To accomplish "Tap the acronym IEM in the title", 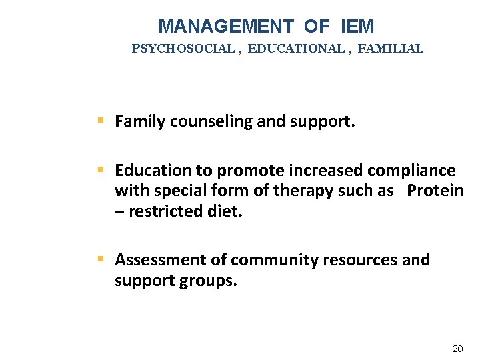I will (357, 27).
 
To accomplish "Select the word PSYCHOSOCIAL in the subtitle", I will (182, 49).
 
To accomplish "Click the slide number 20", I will (457, 349).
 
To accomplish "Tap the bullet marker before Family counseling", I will (101, 121).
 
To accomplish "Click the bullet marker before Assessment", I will (101, 259).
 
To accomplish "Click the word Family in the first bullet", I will (140, 121).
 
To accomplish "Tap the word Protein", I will (435, 191).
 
